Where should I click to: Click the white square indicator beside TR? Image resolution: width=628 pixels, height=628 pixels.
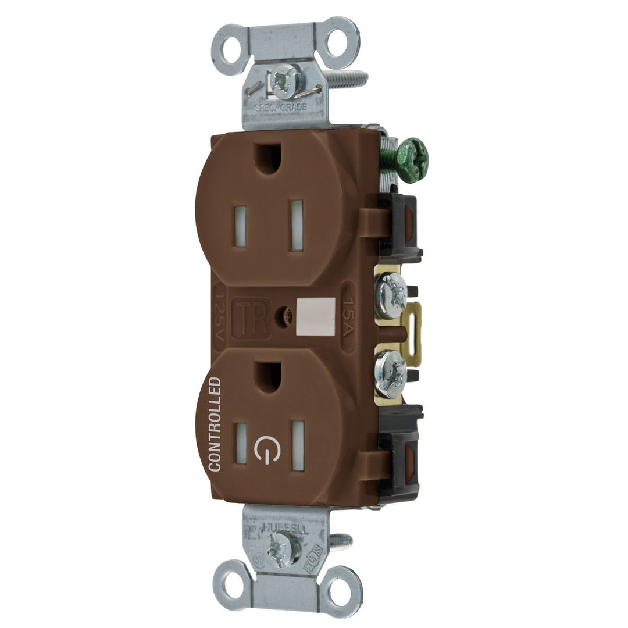coord(315,317)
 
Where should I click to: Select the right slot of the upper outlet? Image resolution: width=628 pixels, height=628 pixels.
coord(297,225)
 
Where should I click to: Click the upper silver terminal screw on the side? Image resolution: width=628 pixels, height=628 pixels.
coord(391,297)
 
